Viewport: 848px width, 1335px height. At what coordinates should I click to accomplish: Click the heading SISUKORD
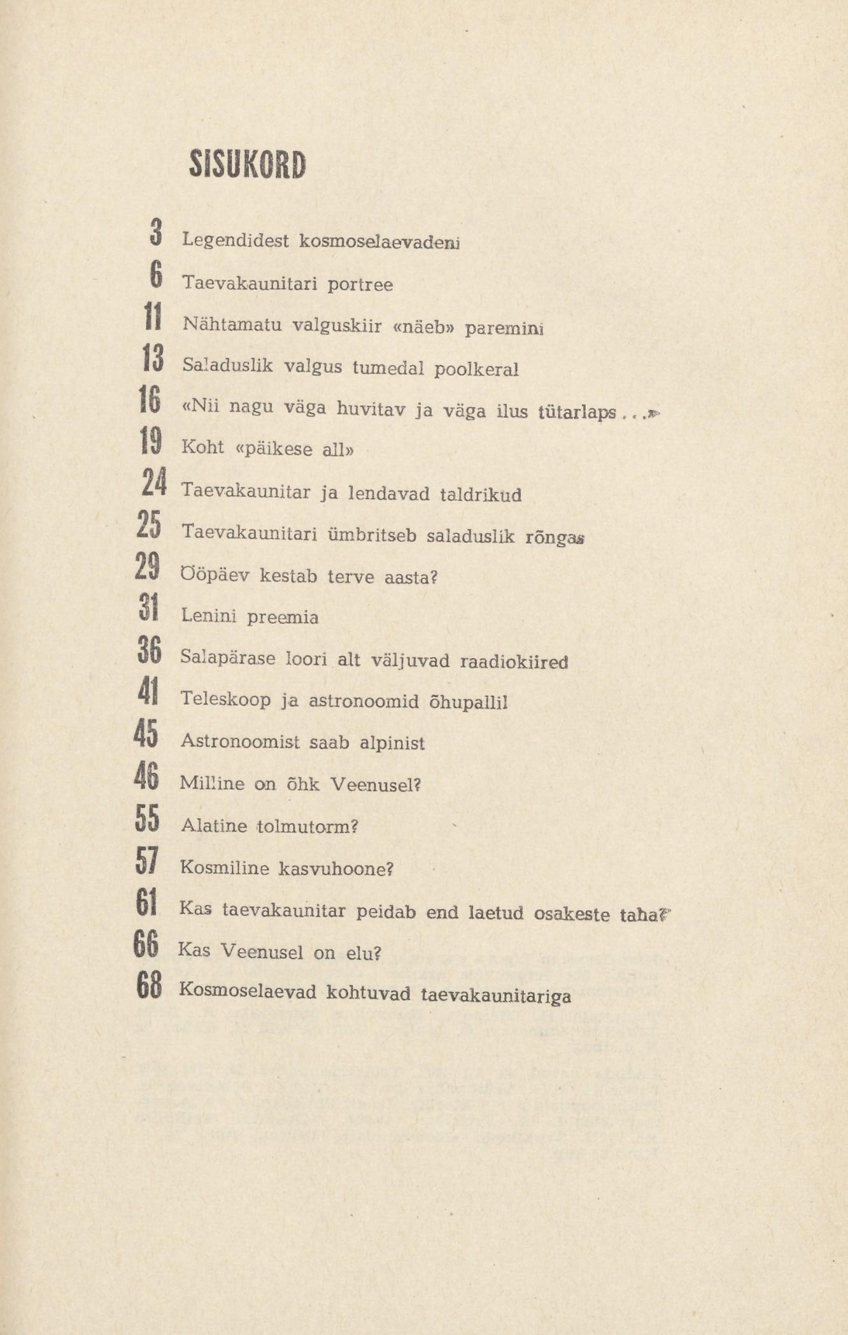(248, 165)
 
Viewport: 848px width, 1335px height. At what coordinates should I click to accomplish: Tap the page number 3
(155, 232)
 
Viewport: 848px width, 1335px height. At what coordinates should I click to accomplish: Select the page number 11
(153, 317)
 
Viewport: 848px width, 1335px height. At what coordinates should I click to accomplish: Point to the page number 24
(154, 482)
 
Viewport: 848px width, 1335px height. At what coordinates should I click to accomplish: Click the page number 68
(149, 985)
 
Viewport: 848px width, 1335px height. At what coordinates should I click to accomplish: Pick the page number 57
(147, 860)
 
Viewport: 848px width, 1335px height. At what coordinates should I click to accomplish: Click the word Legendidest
(236, 241)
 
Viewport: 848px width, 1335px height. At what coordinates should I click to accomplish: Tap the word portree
(360, 284)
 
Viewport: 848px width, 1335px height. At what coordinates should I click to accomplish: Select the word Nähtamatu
(232, 324)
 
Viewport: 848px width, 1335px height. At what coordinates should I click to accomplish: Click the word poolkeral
(476, 369)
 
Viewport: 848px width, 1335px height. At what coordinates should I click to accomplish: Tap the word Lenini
(209, 616)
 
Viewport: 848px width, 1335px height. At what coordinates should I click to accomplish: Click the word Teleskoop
(225, 699)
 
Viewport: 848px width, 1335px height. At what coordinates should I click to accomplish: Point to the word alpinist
(392, 743)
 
